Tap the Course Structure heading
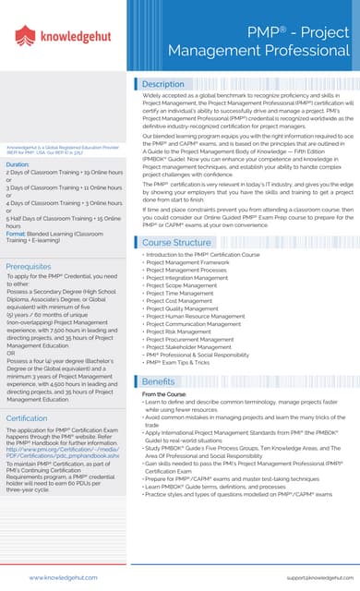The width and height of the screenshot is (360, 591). click(x=177, y=242)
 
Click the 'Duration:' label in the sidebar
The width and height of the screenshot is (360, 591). click(x=18, y=164)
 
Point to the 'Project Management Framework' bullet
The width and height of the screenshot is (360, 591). click(x=190, y=262)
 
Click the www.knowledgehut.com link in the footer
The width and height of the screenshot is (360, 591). click(x=57, y=576)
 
